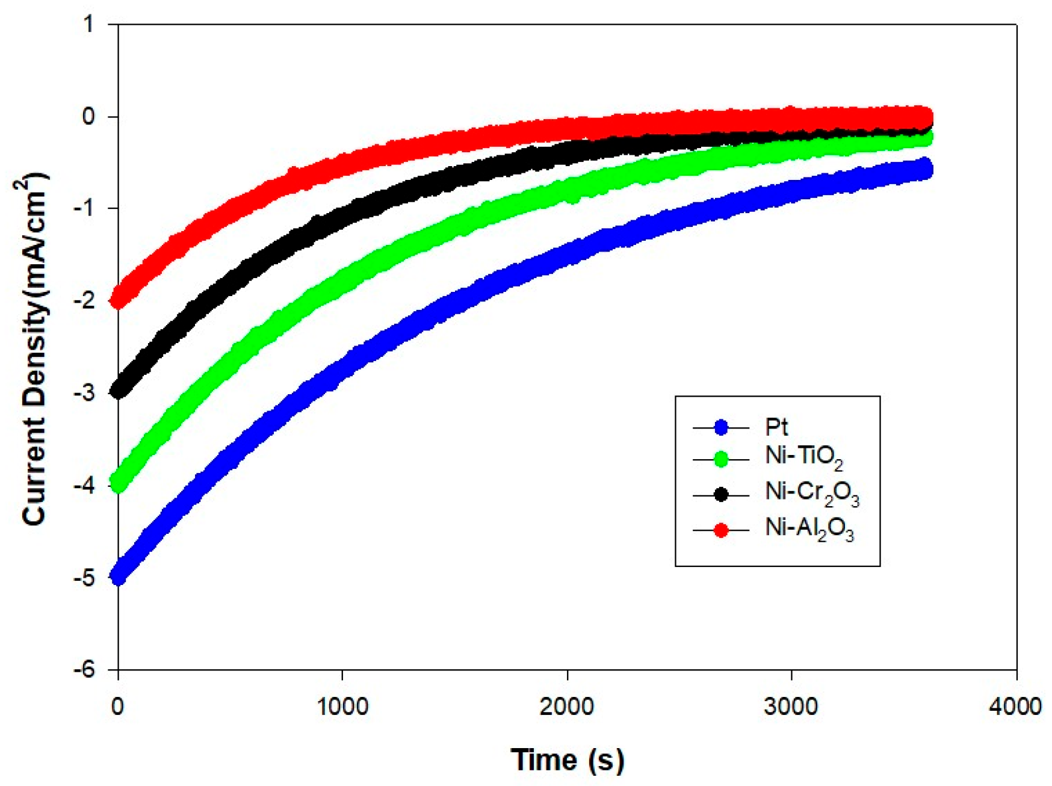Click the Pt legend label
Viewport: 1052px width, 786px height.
coord(776,427)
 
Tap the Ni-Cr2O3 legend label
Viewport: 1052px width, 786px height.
coord(811,494)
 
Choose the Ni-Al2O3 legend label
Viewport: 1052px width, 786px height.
coord(809,529)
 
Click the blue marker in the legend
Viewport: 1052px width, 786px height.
coord(721,428)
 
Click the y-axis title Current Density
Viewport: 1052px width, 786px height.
coord(34,349)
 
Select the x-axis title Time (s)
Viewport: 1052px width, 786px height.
coord(567,760)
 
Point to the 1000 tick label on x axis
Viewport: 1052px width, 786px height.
coord(342,706)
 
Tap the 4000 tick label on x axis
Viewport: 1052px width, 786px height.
coord(1015,706)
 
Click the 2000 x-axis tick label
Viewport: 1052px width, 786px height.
coord(567,706)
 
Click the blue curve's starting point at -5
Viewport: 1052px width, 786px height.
coord(119,577)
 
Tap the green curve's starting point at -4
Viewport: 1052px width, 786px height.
coord(119,483)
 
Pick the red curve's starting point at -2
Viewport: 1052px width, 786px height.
coord(119,299)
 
